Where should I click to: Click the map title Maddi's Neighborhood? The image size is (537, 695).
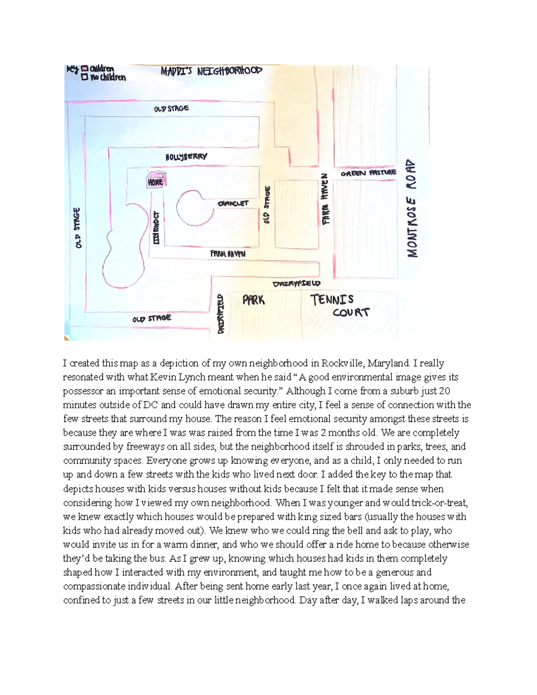pyautogui.click(x=211, y=71)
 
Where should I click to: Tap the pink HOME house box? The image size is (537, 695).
pyautogui.click(x=156, y=181)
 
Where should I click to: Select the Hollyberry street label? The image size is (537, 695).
pyautogui.click(x=186, y=157)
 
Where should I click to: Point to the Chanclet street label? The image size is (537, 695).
pyautogui.click(x=233, y=203)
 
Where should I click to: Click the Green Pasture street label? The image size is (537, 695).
pyautogui.click(x=368, y=173)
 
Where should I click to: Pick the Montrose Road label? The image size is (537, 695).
pyautogui.click(x=412, y=208)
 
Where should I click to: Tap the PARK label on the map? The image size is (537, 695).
pyautogui.click(x=253, y=300)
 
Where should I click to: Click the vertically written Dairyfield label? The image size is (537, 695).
pyautogui.click(x=220, y=313)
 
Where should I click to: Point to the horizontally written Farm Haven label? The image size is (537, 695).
pyautogui.click(x=228, y=254)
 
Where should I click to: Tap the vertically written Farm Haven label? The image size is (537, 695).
pyautogui.click(x=325, y=199)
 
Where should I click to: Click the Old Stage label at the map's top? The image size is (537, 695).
pyautogui.click(x=171, y=109)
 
